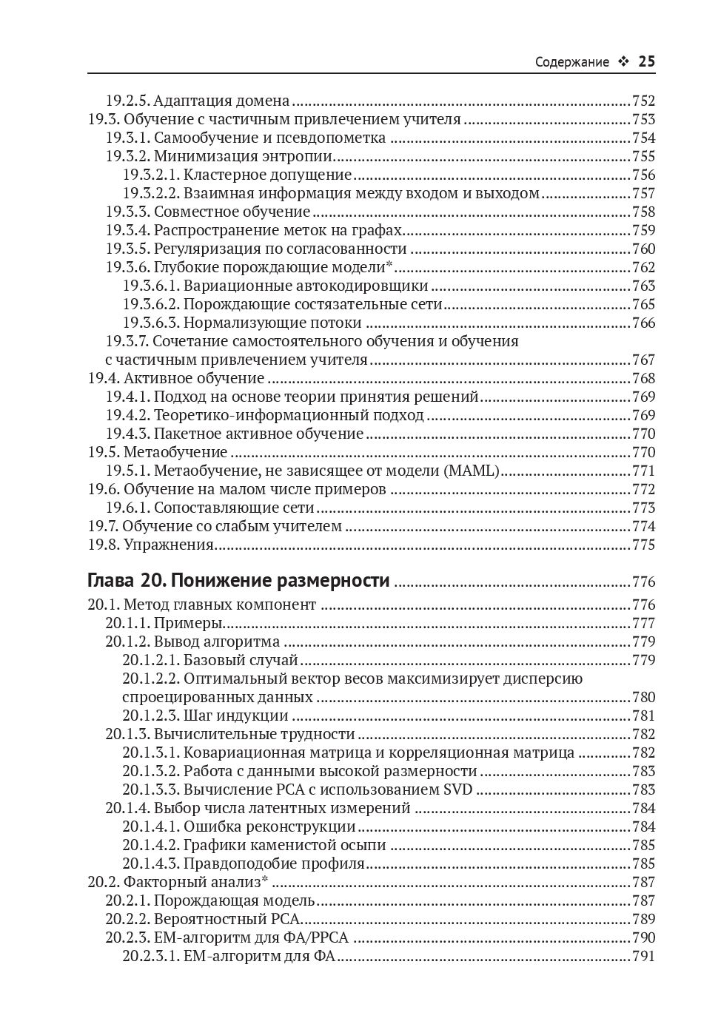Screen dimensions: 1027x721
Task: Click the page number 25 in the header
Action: point(646,62)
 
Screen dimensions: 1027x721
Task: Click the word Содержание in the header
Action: point(571,63)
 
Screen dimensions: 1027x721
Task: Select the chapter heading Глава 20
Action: point(119,581)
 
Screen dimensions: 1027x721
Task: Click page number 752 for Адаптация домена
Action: point(643,101)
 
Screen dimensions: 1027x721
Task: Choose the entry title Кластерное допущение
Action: point(267,175)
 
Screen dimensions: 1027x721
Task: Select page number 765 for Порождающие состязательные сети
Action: point(643,305)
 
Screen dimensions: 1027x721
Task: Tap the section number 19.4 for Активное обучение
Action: point(103,379)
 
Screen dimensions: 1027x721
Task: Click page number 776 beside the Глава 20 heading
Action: point(643,582)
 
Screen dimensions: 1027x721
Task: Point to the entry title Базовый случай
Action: point(241,660)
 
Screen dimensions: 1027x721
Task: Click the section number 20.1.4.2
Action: point(150,845)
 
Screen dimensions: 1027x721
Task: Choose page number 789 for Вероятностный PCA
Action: point(643,919)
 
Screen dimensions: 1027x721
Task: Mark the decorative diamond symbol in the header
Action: point(623,63)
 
